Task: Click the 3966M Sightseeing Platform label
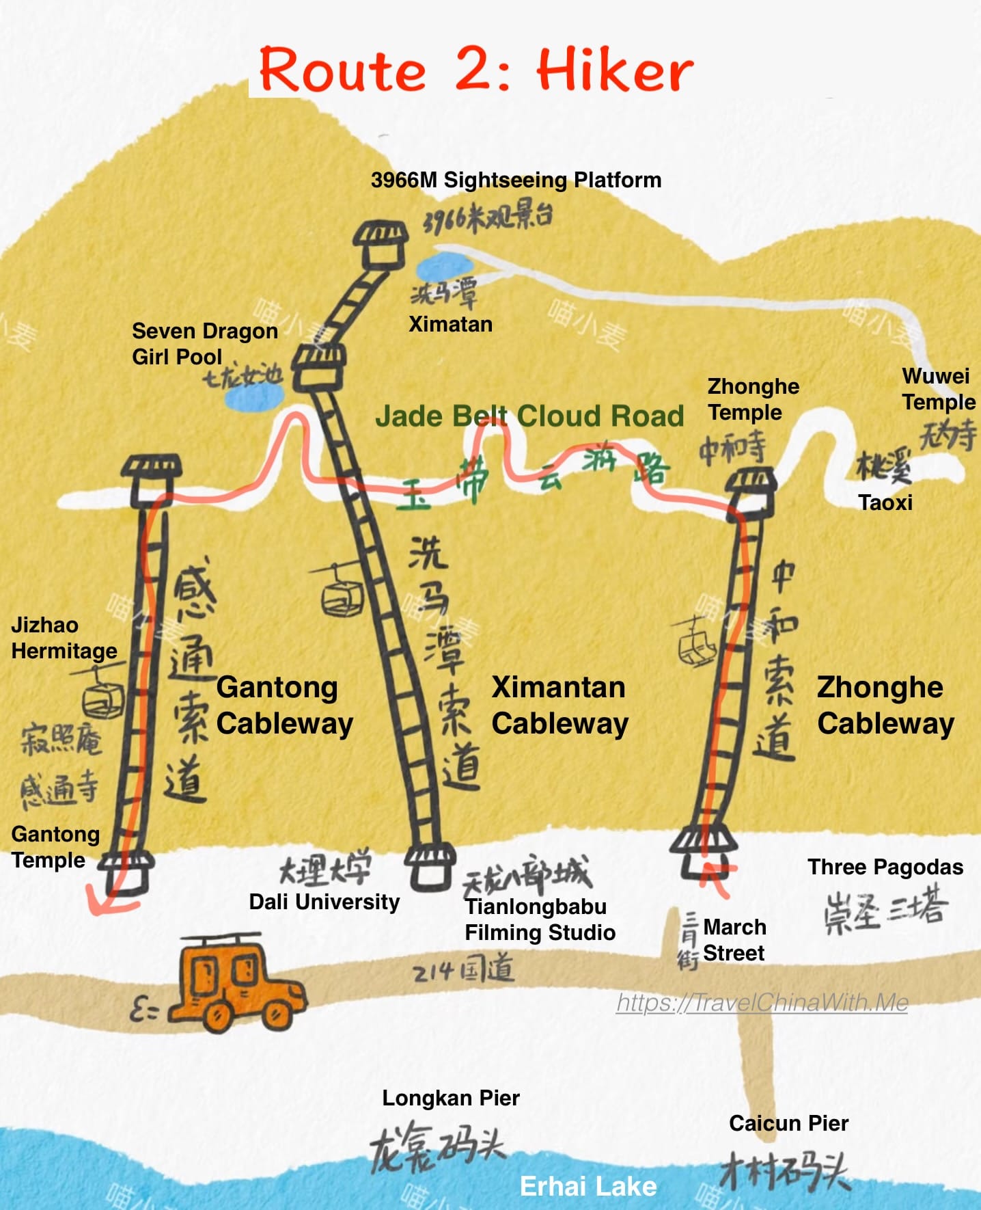516,180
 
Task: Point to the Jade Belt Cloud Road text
529,416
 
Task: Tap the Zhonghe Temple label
753,399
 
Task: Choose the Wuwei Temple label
938,388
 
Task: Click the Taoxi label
885,502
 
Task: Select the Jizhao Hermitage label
64,638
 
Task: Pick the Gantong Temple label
55,846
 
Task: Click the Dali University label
324,902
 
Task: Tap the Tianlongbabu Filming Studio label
540,919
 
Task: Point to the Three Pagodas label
885,867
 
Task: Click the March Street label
734,939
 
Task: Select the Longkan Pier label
451,1098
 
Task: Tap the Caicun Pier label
788,1123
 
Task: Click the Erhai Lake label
588,1187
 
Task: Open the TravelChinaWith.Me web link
762,1002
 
